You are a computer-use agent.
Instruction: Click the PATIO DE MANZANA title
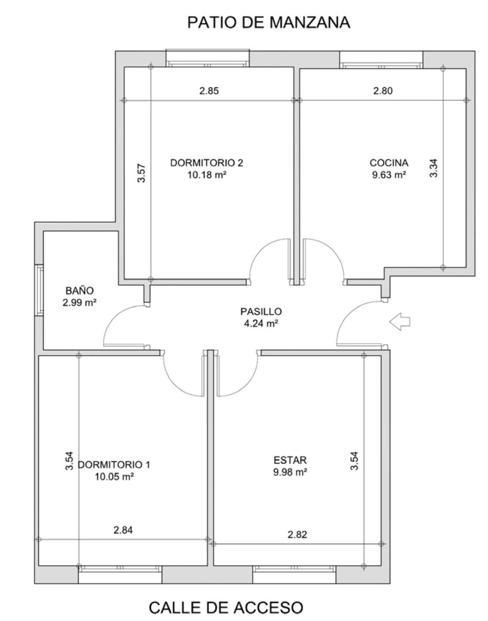[x=269, y=23]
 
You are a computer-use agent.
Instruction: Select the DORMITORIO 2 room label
[x=207, y=163]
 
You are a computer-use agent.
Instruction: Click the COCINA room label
[x=389, y=163]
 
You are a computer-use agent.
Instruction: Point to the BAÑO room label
[x=80, y=290]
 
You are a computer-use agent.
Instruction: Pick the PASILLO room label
[x=261, y=311]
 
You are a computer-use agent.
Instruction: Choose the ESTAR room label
[x=290, y=460]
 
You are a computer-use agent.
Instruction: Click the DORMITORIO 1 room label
[x=114, y=465]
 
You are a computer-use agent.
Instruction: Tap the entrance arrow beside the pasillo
[x=400, y=322]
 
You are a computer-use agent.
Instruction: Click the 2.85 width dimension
[x=209, y=91]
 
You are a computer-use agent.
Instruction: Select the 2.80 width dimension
[x=383, y=91]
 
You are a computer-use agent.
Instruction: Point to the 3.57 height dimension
[x=141, y=174]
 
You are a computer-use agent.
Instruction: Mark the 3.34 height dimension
[x=434, y=168]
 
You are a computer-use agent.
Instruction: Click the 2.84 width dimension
[x=123, y=530]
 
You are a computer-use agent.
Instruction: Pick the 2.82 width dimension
[x=297, y=535]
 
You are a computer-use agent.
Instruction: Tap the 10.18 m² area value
[x=207, y=175]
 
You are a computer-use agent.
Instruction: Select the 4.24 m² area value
[x=261, y=324]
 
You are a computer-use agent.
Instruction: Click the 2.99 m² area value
[x=80, y=303]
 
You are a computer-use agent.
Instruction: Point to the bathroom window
[x=39, y=290]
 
